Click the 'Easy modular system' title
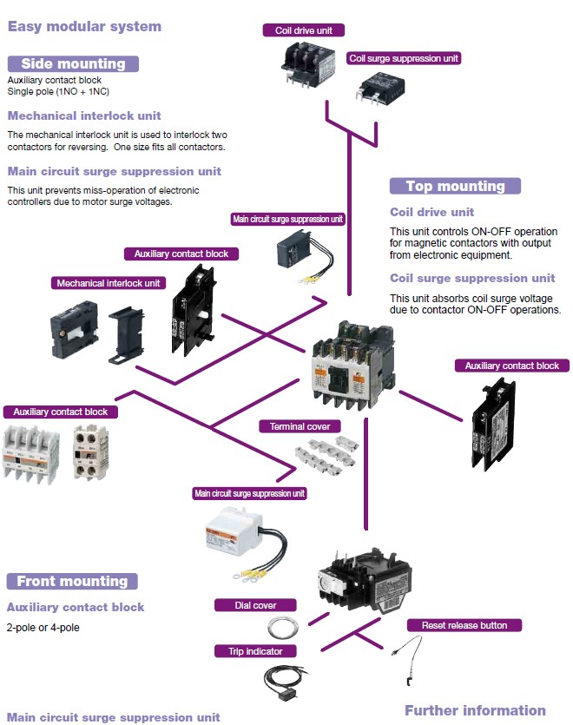click(84, 26)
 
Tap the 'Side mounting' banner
click(73, 63)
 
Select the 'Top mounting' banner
click(455, 186)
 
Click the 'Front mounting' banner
click(72, 581)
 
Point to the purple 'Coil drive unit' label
click(304, 30)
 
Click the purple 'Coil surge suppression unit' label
click(403, 58)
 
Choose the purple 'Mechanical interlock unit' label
click(109, 283)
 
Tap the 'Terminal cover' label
click(300, 426)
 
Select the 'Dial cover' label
click(256, 605)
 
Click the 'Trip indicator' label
click(256, 650)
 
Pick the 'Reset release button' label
click(464, 625)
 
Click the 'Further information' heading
click(475, 710)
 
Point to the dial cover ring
click(283, 627)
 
